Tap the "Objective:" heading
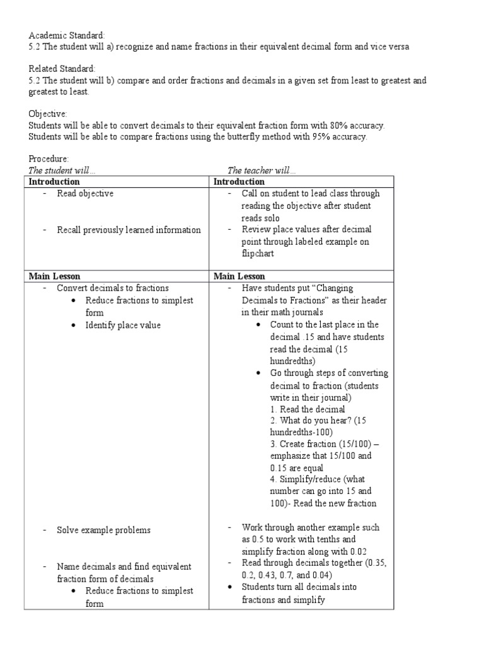coord(48,114)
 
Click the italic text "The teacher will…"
coord(261,170)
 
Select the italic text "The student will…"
coord(62,170)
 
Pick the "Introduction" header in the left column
coord(55,182)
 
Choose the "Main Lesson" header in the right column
coord(239,276)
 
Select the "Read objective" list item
coord(85,194)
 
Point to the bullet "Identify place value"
coord(123,325)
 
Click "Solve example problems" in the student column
coord(104,530)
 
